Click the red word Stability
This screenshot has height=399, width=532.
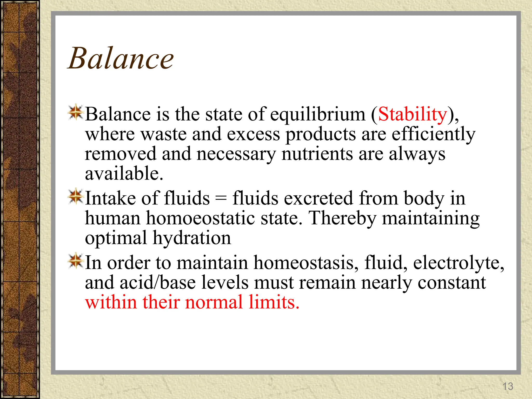(413, 114)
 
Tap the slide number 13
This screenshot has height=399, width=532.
(508, 386)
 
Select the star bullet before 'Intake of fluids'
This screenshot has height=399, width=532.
(75, 197)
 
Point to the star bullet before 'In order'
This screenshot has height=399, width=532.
(75, 261)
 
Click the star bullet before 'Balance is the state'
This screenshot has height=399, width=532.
(75, 112)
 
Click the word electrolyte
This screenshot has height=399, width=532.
(458, 263)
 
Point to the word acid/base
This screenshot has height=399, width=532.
(158, 283)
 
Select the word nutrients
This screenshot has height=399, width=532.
(317, 154)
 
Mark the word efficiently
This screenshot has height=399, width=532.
(433, 135)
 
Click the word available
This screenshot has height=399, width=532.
(124, 174)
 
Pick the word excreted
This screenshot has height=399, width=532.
(318, 198)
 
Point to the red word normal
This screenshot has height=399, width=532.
(214, 302)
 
